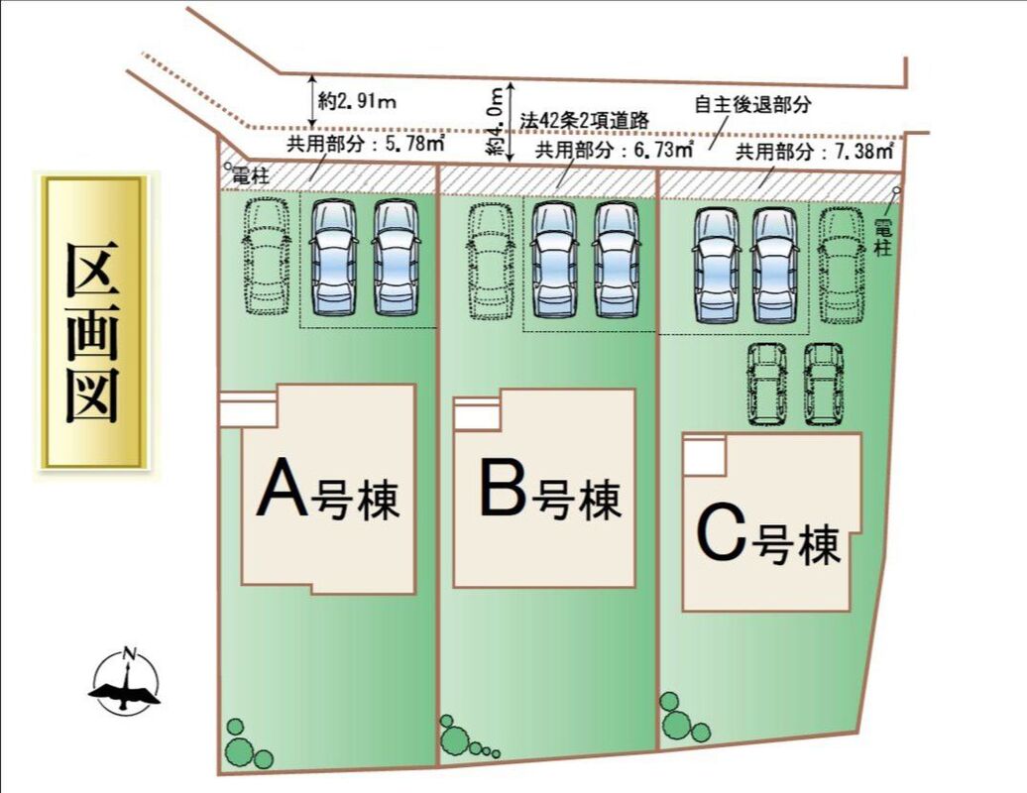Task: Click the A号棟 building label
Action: coord(327,493)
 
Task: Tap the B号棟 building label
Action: coord(549,493)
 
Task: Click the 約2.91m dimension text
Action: coord(358,101)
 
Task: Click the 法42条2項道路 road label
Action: coord(585,119)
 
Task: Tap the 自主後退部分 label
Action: coord(753,104)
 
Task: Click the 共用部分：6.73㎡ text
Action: coord(613,151)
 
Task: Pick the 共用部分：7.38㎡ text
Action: coord(815,152)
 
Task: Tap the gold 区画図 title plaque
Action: coord(94,320)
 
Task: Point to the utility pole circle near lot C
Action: coord(896,190)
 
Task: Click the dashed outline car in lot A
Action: coord(264,256)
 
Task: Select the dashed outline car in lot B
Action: coord(490,261)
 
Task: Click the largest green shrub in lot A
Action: coord(238,750)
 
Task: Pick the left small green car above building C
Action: coord(766,384)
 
